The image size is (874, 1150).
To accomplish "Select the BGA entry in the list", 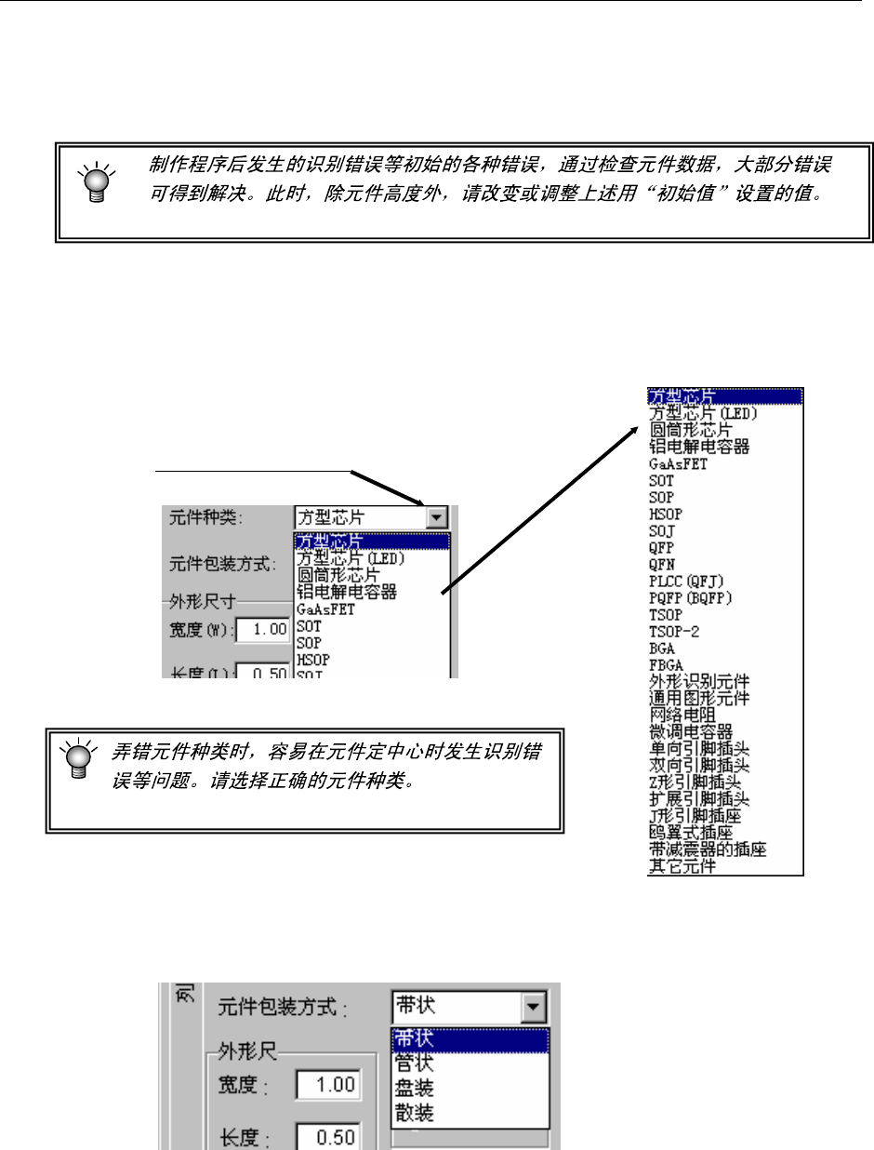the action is pyautogui.click(x=661, y=649).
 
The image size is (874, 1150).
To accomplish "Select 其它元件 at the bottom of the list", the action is pyautogui.click(x=682, y=866).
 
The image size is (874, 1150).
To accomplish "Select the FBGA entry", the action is pyautogui.click(x=665, y=665).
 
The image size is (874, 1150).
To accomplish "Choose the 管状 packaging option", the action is pyautogui.click(x=415, y=1063).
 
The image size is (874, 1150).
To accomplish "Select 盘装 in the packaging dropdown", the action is pyautogui.click(x=415, y=1088).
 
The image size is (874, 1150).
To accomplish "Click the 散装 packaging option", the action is pyautogui.click(x=415, y=1112).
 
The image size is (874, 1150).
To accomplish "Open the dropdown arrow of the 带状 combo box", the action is pyautogui.click(x=533, y=1007).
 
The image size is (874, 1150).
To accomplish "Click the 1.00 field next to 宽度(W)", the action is pyautogui.click(x=263, y=630).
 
